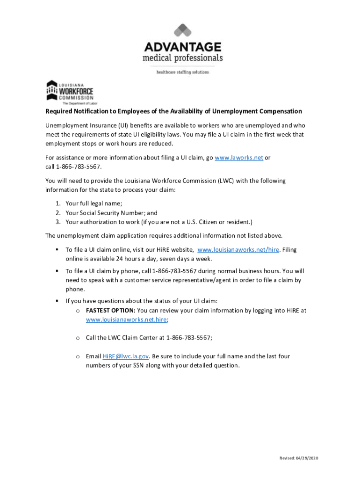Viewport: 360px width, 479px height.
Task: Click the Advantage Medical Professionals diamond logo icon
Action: pyautogui.click(x=182, y=31)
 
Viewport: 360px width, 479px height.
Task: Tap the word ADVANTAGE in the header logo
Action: pyautogui.click(x=182, y=47)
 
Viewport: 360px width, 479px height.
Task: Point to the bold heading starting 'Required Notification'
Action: pyautogui.click(x=173, y=111)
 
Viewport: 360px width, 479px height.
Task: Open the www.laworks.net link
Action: pyautogui.click(x=238, y=158)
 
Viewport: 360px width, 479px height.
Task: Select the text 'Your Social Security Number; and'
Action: pyautogui.click(x=112, y=213)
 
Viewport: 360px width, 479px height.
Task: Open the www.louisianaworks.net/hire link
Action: pyautogui.click(x=238, y=250)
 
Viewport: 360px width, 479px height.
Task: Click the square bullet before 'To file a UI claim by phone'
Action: pyautogui.click(x=57, y=271)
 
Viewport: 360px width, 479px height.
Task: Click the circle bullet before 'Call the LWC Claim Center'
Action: pyautogui.click(x=77, y=338)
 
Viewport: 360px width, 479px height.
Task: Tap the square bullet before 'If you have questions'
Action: pyautogui.click(x=57, y=301)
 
